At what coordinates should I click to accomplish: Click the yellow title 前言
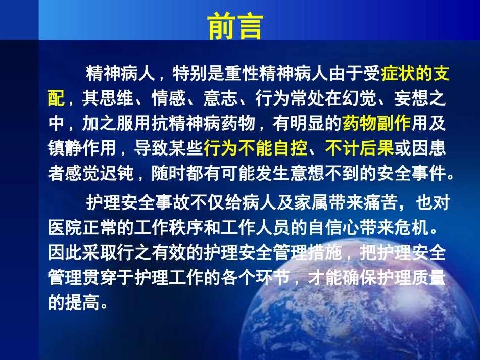tap(235, 27)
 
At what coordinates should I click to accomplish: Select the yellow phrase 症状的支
tap(415, 75)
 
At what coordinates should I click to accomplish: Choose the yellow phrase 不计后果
tap(359, 148)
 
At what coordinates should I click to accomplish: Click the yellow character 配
tap(57, 99)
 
